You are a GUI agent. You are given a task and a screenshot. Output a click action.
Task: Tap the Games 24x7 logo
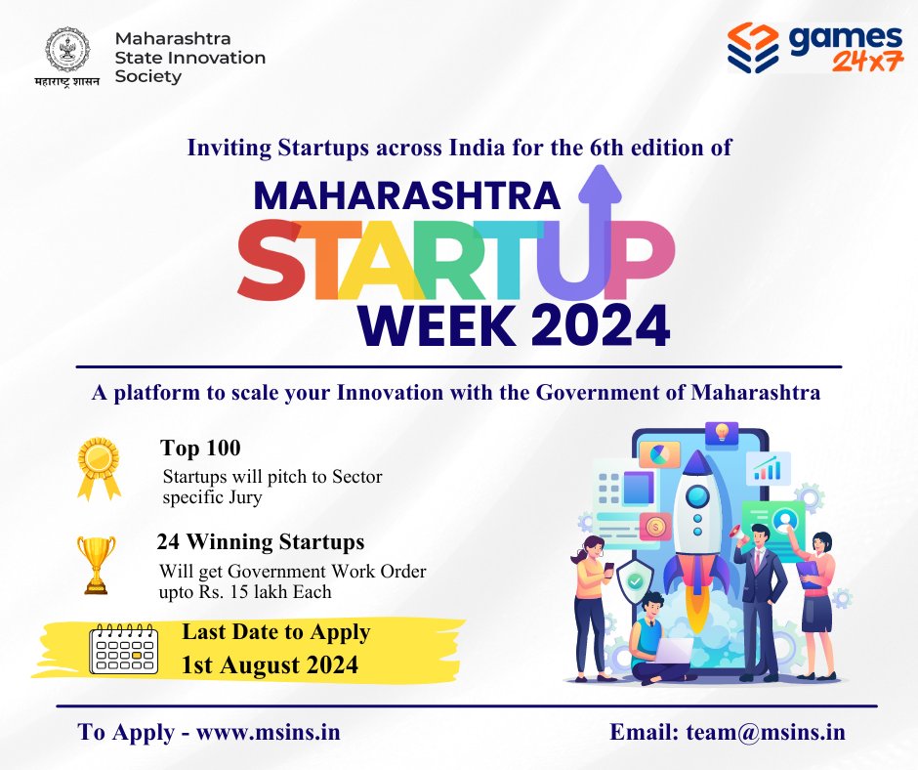tap(814, 50)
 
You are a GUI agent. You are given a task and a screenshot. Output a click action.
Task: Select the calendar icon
tap(123, 646)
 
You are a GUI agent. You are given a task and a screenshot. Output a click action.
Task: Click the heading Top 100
tap(200, 449)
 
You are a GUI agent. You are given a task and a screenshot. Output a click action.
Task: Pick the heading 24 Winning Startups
tap(261, 541)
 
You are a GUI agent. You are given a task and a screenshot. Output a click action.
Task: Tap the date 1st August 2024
tap(270, 665)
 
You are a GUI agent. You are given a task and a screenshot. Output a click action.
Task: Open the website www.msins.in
tap(269, 732)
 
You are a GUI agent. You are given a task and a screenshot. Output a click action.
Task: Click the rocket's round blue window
tap(696, 495)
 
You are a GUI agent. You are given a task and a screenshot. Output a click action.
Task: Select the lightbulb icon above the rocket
tap(722, 432)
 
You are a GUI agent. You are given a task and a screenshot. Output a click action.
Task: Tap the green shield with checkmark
tap(636, 581)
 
